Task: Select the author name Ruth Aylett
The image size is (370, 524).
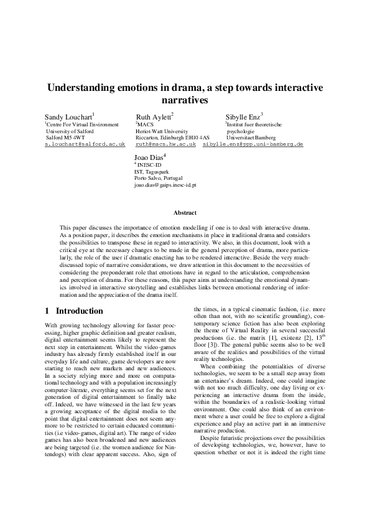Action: pyautogui.click(x=154, y=116)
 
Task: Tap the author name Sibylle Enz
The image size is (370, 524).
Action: pyautogui.click(x=244, y=116)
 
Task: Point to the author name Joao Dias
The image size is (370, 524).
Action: pyautogui.click(x=149, y=157)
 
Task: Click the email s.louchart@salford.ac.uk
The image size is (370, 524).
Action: pyautogui.click(x=85, y=144)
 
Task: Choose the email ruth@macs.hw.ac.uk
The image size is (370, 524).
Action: pyautogui.click(x=165, y=144)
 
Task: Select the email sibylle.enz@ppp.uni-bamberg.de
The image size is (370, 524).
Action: pyautogui.click(x=252, y=144)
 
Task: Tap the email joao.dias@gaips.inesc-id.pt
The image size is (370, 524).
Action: pyautogui.click(x=165, y=185)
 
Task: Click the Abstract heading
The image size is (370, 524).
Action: pyautogui.click(x=185, y=213)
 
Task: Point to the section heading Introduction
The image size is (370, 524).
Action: pyautogui.click(x=80, y=311)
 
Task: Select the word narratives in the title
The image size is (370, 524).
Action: pyautogui.click(x=184, y=100)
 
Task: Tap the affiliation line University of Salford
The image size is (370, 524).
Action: pyautogui.click(x=70, y=132)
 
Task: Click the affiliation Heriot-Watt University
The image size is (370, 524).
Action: pyautogui.click(x=162, y=132)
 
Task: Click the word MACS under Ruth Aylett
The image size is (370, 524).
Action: pyautogui.click(x=146, y=125)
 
